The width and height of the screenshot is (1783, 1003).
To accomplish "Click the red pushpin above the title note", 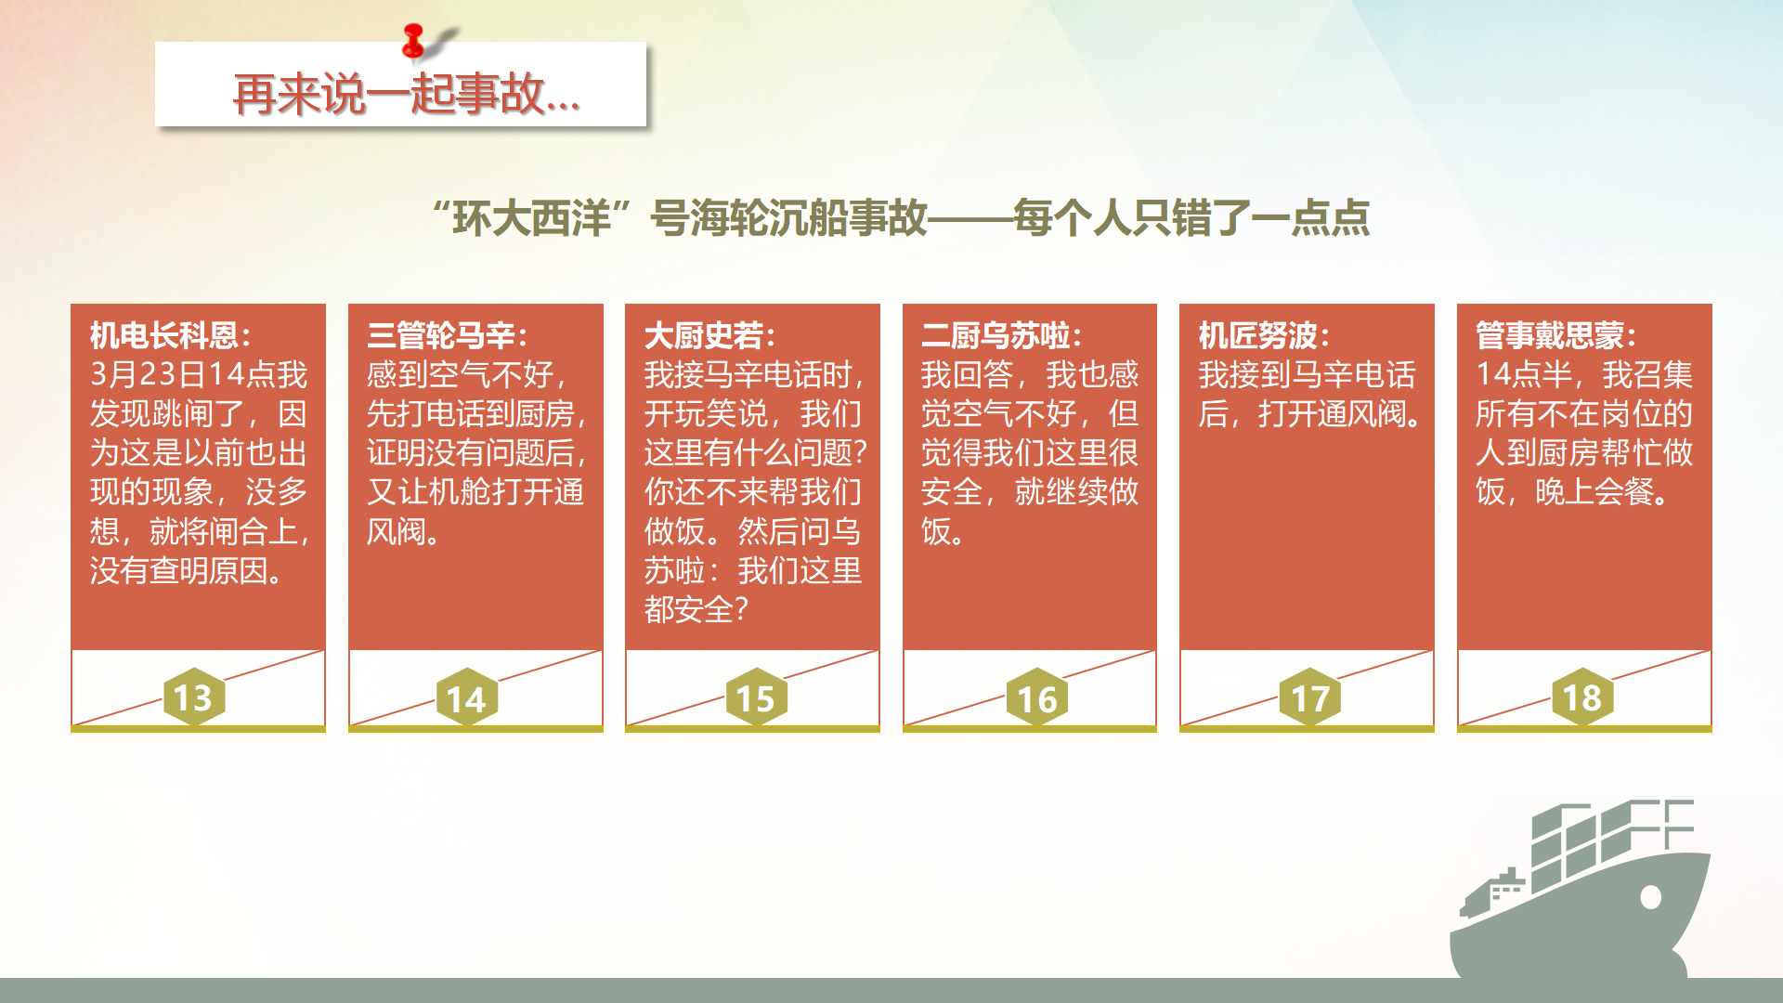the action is [414, 41].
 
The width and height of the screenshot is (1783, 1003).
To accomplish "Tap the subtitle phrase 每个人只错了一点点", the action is [1191, 218].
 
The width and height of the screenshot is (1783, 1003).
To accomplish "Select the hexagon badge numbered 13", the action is [194, 697].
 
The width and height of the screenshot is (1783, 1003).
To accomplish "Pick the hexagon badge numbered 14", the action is [466, 697].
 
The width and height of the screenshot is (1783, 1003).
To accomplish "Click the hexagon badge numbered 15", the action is [756, 697].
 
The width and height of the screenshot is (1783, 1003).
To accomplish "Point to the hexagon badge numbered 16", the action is [1037, 697].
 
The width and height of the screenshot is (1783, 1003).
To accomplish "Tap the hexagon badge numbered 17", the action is [1310, 697].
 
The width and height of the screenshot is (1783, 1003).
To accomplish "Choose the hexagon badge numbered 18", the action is [1582, 697].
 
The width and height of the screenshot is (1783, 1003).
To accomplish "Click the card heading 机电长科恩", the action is [164, 335].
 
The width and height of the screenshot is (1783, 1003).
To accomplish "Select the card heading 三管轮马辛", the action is [441, 335].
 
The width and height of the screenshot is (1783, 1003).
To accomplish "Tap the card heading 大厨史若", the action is [704, 335].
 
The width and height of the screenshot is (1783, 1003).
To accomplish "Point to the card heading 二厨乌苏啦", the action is [996, 335].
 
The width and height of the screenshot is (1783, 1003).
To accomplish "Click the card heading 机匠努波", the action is [1258, 335].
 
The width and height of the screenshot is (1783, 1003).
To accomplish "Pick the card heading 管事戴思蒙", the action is [1550, 335].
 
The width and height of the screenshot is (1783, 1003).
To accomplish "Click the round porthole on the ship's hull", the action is [1650, 897].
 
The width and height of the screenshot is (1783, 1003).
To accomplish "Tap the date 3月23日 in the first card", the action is [147, 374].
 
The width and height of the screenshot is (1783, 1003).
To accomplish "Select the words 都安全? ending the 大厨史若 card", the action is [696, 609].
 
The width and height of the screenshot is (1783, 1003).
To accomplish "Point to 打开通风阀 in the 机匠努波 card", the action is [1333, 413].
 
